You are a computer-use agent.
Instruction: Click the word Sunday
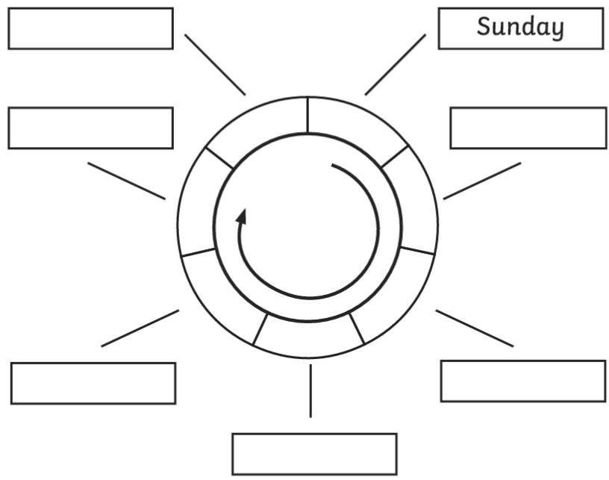tap(520, 28)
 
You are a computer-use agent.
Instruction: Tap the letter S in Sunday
tap(484, 28)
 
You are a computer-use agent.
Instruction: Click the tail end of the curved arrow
tap(334, 166)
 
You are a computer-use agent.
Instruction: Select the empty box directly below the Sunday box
tap(528, 128)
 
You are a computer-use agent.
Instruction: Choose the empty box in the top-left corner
tap(90, 28)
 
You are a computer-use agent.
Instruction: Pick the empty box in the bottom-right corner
tap(522, 381)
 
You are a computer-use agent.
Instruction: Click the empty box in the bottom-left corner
tap(93, 383)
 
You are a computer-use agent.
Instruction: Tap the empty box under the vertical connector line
tap(314, 453)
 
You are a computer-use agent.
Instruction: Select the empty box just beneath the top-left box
tap(90, 128)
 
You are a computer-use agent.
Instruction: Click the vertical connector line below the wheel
tap(310, 390)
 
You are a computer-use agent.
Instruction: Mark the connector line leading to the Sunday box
tap(395, 65)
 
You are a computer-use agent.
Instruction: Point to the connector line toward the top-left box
tap(215, 65)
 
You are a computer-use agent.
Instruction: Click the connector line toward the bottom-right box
tap(475, 328)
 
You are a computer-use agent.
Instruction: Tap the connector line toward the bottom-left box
tap(140, 328)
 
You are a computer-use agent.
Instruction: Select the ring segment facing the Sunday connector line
tap(351, 125)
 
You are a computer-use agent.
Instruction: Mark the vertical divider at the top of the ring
tap(307, 115)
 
